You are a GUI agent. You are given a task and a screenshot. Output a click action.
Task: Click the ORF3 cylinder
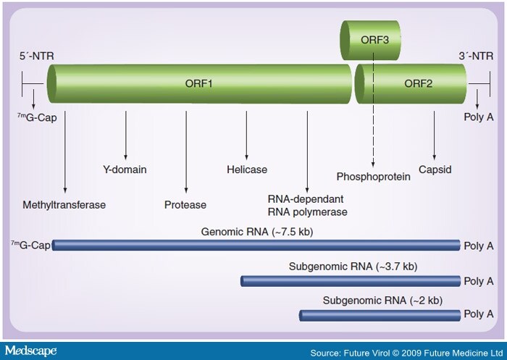pos(372,41)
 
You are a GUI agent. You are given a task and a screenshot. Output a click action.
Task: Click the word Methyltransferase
pos(65,205)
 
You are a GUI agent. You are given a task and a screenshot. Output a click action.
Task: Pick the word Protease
pos(185,205)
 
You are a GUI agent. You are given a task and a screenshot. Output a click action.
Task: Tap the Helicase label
pos(247,170)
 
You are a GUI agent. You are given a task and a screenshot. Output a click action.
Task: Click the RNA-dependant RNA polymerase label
pos(308,205)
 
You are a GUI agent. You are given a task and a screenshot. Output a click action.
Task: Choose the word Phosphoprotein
pos(372,176)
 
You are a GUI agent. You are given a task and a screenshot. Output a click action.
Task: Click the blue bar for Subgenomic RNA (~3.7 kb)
pos(351,281)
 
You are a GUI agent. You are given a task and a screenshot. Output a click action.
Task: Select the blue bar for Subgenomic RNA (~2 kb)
pos(380,315)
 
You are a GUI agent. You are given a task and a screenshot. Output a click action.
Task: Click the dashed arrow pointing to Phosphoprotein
pos(372,130)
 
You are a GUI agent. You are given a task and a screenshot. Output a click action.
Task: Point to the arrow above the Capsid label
pos(434,134)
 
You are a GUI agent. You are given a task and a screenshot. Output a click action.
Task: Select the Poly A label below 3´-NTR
pos(478,114)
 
